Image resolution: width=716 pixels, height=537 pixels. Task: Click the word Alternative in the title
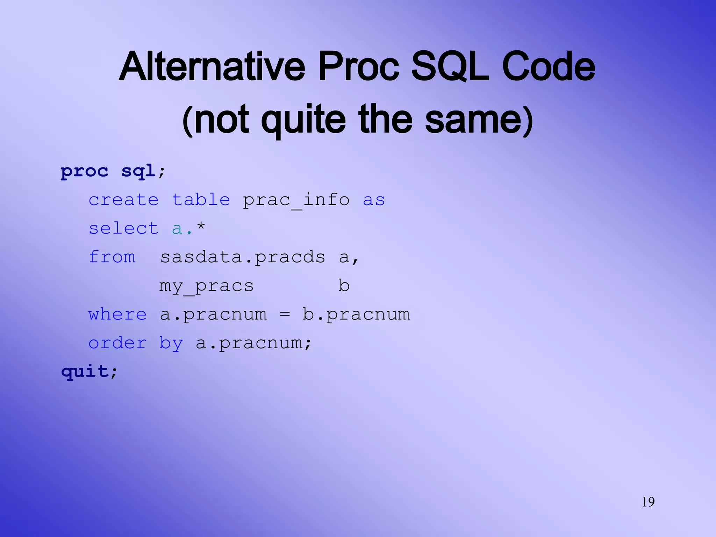[x=212, y=66]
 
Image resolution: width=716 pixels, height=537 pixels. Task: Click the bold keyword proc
[x=84, y=171]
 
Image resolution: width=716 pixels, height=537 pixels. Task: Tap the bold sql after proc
[x=138, y=171]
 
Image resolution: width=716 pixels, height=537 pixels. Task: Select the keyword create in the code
[x=123, y=200]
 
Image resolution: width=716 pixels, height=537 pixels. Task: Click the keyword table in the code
[x=201, y=200]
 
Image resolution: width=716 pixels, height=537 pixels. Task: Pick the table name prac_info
[x=296, y=200]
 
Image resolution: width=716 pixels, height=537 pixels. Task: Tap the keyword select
[x=123, y=229]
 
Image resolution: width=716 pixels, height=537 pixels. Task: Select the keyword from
[x=112, y=257]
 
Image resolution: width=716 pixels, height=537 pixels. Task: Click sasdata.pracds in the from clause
[x=243, y=258]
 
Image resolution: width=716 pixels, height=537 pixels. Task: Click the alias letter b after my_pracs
[x=344, y=286]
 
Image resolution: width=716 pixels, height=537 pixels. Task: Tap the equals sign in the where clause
[x=285, y=314]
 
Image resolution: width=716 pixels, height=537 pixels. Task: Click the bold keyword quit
[x=85, y=371]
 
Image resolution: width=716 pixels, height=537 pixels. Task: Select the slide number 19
[x=648, y=502]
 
